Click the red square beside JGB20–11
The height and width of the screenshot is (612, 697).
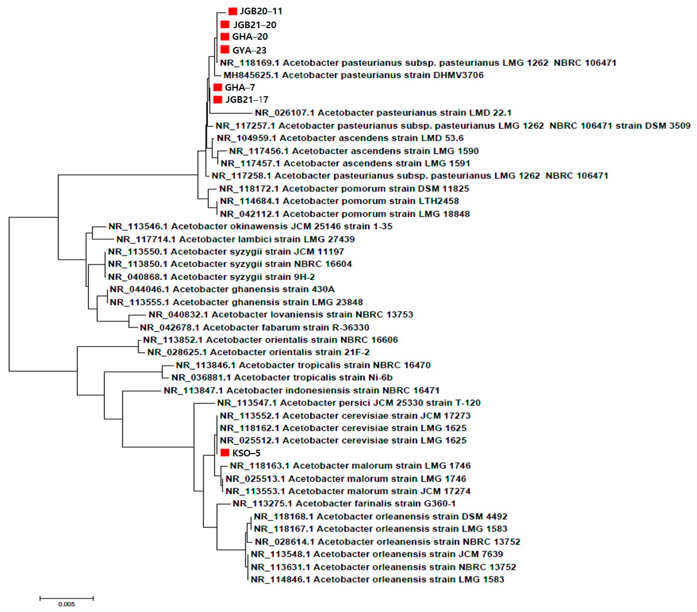click(x=232, y=11)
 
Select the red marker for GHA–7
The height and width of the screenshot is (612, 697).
click(x=218, y=87)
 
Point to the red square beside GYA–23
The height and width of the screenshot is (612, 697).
click(x=225, y=50)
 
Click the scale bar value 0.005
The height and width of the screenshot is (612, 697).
click(x=67, y=604)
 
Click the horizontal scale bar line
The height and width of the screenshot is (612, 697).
click(x=67, y=598)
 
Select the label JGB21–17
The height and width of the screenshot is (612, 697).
click(x=247, y=100)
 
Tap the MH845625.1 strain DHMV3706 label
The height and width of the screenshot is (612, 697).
click(x=353, y=75)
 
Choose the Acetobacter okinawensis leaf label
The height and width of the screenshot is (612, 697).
click(x=250, y=226)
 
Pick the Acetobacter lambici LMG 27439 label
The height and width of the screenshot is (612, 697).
click(x=235, y=239)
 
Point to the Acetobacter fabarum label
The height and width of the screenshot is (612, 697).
click(x=254, y=328)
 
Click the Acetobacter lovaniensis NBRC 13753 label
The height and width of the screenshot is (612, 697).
click(x=281, y=315)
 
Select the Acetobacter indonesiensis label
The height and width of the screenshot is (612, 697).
click(x=301, y=390)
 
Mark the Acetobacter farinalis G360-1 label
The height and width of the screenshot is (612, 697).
click(x=344, y=503)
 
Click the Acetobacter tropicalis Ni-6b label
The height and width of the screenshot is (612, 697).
click(x=282, y=377)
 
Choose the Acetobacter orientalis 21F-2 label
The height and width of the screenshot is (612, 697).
click(x=258, y=352)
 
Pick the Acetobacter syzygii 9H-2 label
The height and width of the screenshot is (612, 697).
click(x=211, y=277)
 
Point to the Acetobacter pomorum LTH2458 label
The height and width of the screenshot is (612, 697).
click(x=339, y=201)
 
